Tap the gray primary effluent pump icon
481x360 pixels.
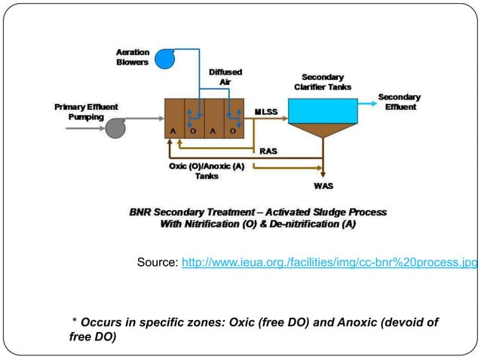pyautogui.click(x=116, y=128)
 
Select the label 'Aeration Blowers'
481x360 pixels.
pyautogui.click(x=132, y=57)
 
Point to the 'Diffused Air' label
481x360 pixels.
pyautogui.click(x=225, y=77)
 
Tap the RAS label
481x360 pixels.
pyautogui.click(x=268, y=151)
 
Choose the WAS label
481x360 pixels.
pyautogui.click(x=323, y=185)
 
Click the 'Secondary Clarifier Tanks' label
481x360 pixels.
pyautogui.click(x=322, y=82)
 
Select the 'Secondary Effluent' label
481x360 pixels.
pyautogui.click(x=399, y=102)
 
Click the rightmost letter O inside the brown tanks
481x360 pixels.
pyautogui.click(x=233, y=130)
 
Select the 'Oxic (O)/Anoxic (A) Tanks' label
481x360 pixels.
pyautogui.click(x=207, y=171)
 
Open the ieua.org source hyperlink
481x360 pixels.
pyautogui.click(x=329, y=262)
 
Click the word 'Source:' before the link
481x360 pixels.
pyautogui.click(x=158, y=262)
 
